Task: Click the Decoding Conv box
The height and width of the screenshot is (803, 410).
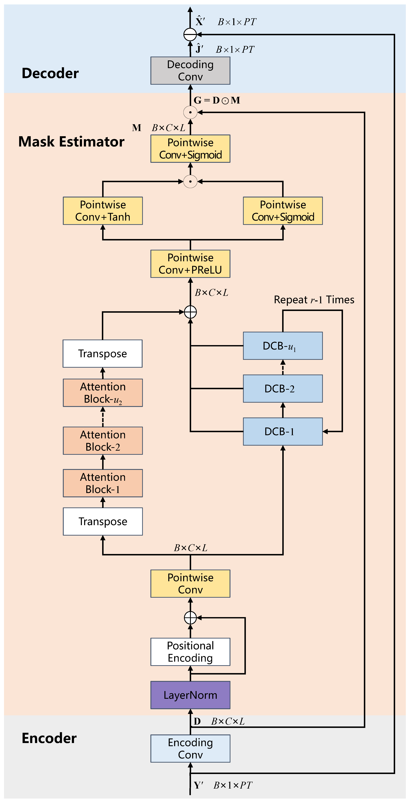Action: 190,70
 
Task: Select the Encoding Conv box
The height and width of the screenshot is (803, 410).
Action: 190,748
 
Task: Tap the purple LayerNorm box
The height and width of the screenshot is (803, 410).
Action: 190,695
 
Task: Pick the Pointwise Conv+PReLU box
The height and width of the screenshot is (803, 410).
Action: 190,264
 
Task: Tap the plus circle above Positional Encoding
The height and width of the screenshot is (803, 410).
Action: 190,618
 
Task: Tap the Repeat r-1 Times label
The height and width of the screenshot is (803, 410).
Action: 314,300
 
